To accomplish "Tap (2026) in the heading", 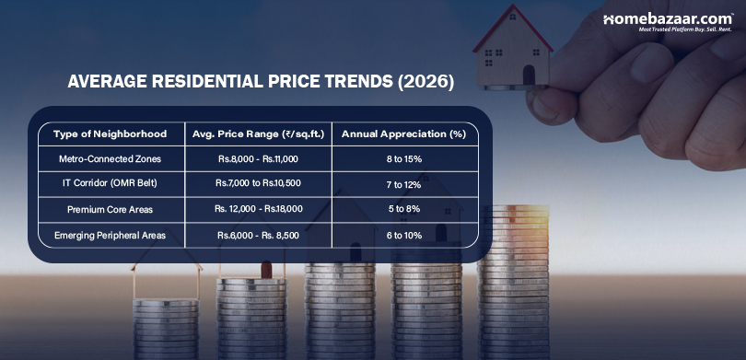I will pos(425,82).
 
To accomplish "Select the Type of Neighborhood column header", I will pos(110,134).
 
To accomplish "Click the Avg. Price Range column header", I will pos(258,134).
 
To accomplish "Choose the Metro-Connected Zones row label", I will pos(110,159).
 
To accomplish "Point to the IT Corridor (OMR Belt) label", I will pos(110,184).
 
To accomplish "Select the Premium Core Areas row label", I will pos(110,209).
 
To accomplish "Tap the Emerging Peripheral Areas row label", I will pos(110,235).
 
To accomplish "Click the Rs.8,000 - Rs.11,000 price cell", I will pos(258,159).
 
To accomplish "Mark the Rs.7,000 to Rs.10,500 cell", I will pos(258,184).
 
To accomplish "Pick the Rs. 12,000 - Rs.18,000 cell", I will pos(258,209).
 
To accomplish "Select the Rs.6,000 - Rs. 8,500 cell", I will pos(258,235).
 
